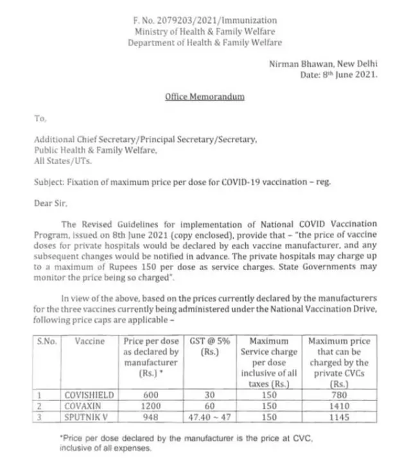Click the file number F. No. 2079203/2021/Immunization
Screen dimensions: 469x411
205,21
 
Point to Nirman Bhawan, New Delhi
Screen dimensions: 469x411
324,64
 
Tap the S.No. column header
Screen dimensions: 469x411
46,342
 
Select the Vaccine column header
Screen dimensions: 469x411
89,342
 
